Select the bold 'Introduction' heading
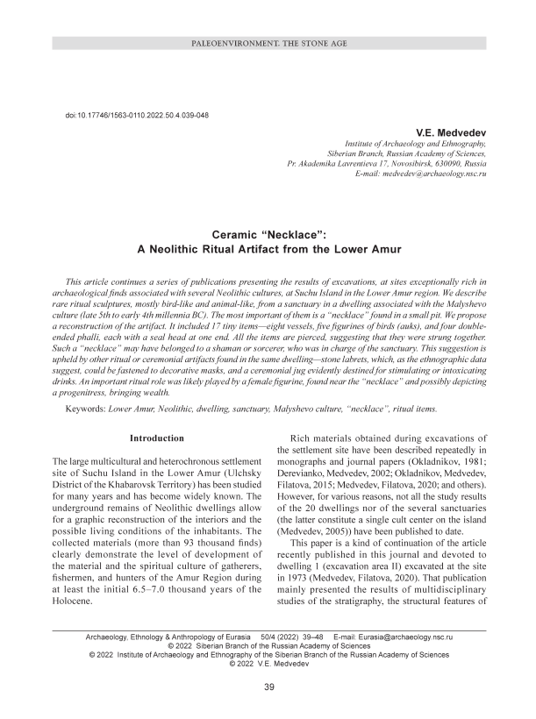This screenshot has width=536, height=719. (156, 438)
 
